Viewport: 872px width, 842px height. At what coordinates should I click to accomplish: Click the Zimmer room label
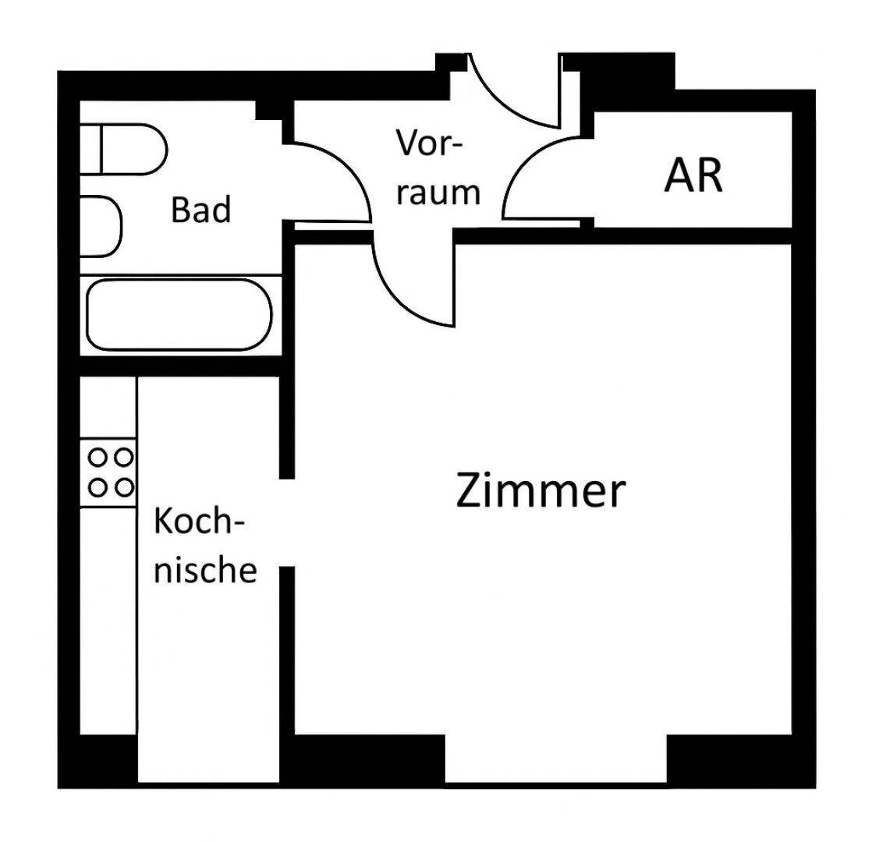point(541,490)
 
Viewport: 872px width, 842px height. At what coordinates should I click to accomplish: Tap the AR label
point(693,175)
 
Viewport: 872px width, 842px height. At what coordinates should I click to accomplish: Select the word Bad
point(200,210)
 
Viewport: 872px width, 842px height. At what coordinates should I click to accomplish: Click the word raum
point(438,193)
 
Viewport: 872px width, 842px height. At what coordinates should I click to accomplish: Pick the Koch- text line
point(199,522)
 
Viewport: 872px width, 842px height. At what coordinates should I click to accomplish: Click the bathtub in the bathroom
point(179,314)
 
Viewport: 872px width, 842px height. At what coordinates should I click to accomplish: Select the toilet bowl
point(134,149)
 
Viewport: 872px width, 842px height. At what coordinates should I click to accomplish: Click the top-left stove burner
point(97,458)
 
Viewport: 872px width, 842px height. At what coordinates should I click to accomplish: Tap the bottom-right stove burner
point(125,488)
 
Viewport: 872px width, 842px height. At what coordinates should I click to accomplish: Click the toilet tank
point(90,149)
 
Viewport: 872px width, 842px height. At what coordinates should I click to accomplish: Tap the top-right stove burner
point(125,458)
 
